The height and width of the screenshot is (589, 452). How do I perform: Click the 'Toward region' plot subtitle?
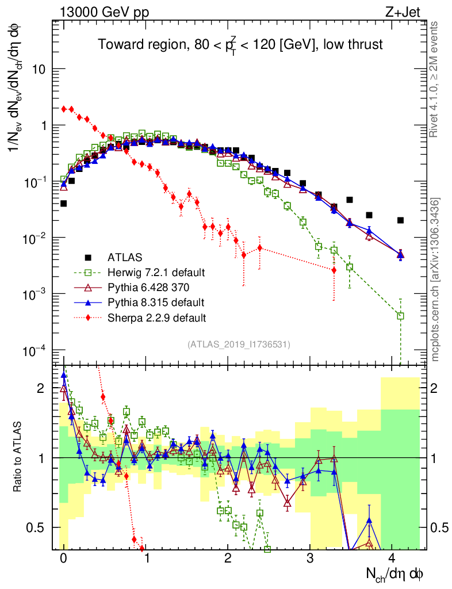(x=240, y=45)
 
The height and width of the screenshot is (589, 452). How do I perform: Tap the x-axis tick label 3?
(x=310, y=559)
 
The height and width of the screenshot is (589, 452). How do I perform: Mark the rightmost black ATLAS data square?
(x=400, y=220)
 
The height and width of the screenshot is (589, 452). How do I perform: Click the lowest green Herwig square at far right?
(x=400, y=315)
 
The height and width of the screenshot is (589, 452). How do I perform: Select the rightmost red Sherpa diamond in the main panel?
(x=334, y=270)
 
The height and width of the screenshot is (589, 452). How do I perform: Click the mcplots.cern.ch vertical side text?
(x=436, y=279)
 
